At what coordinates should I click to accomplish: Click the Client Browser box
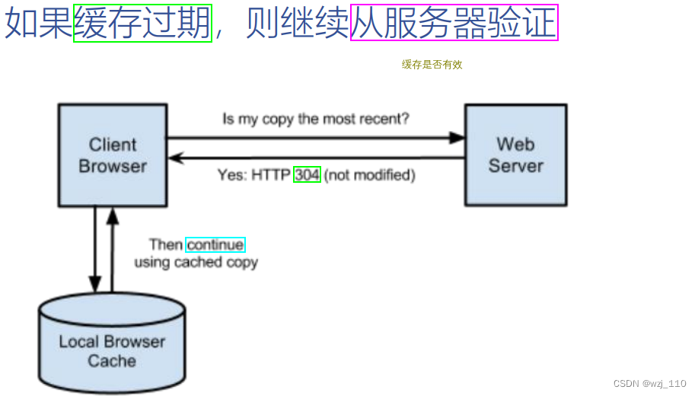(x=113, y=155)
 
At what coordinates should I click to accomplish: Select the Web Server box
(x=515, y=155)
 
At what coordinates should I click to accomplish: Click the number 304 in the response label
(x=307, y=175)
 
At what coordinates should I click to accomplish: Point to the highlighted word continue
(x=215, y=244)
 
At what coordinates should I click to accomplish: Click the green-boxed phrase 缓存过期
(x=142, y=23)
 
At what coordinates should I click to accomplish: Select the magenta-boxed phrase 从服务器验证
(x=454, y=23)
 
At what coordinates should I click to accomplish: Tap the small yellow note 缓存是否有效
(x=432, y=65)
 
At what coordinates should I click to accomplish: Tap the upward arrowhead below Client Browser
(x=113, y=215)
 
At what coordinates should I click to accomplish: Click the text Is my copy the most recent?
(x=315, y=120)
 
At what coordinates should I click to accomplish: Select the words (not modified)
(x=370, y=175)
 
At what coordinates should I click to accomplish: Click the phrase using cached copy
(x=196, y=262)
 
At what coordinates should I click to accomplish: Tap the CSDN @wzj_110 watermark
(x=649, y=383)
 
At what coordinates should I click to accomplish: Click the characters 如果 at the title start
(x=38, y=23)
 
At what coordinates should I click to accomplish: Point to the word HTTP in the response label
(x=271, y=175)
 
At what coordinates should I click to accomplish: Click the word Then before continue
(x=165, y=244)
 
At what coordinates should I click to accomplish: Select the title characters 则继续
(x=298, y=23)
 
